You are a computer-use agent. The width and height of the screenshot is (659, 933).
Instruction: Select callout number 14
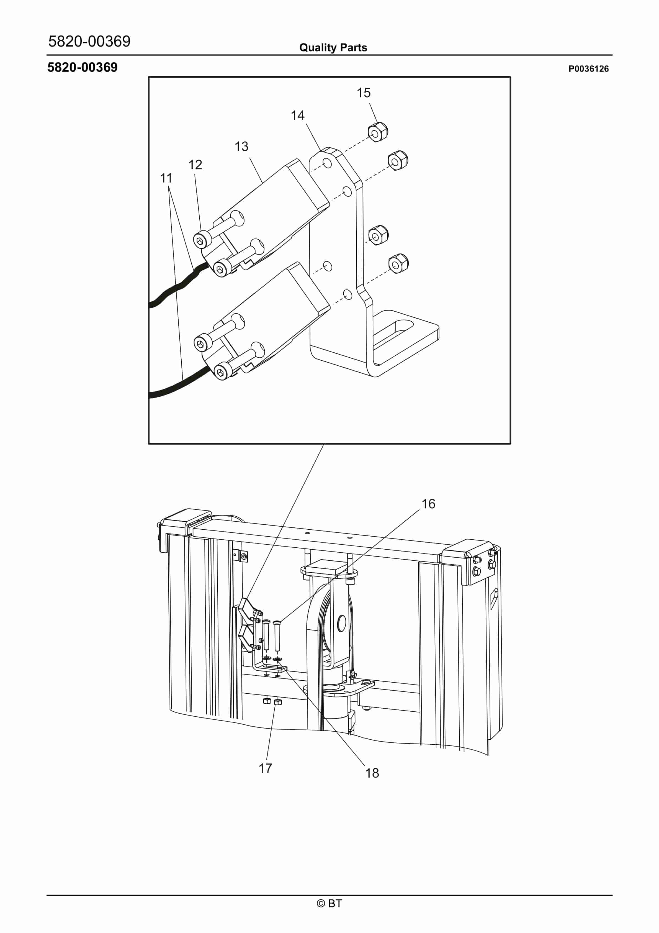click(x=297, y=116)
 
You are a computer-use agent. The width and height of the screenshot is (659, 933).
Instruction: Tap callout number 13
click(x=241, y=146)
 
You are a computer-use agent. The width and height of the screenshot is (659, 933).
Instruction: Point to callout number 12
click(x=195, y=165)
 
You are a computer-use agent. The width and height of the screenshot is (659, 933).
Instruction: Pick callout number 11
click(x=166, y=178)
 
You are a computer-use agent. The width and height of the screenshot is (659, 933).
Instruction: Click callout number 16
click(x=428, y=504)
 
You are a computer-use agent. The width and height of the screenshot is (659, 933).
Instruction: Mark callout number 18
click(x=372, y=773)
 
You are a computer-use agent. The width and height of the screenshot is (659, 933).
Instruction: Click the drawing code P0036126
click(x=588, y=69)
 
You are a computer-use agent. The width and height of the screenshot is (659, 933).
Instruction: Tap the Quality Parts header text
click(x=333, y=48)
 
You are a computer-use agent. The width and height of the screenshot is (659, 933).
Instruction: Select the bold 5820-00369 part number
click(x=83, y=67)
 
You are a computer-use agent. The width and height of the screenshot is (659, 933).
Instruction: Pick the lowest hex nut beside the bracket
click(x=398, y=264)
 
